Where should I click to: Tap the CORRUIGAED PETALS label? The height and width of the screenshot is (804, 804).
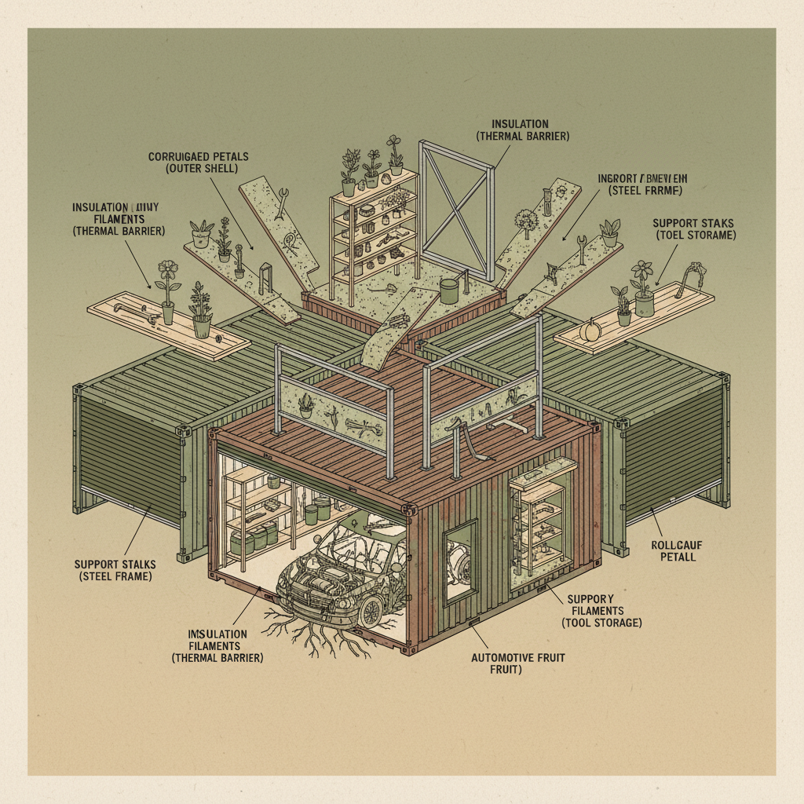click(198, 163)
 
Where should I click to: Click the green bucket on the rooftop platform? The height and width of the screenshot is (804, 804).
click(449, 291)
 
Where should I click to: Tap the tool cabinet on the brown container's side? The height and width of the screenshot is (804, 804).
click(539, 517)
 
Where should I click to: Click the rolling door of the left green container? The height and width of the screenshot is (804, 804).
click(130, 455)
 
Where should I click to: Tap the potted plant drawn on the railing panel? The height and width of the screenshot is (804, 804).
click(305, 404)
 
